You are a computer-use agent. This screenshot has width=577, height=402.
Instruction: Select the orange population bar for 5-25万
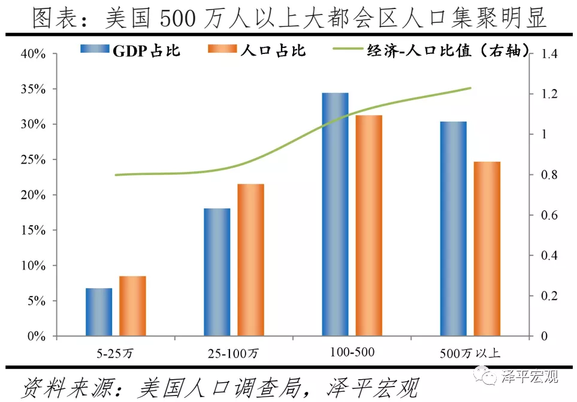coord(132,306)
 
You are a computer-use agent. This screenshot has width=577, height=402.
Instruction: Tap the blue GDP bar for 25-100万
coord(217,272)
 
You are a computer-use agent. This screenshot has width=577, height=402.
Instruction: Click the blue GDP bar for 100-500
coord(335,214)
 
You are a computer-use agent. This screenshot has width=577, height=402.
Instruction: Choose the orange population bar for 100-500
coord(368,225)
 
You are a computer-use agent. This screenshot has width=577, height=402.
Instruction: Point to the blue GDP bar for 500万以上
coord(453,228)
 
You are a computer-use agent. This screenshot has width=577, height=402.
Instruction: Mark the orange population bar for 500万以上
coord(487,249)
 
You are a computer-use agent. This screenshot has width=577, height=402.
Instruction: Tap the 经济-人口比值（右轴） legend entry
coord(431,50)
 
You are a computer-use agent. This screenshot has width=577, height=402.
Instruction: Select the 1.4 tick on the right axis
coord(549,55)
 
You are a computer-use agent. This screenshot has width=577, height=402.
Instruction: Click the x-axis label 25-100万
coord(234,353)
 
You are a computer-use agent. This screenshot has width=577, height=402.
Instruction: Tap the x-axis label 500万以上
coord(470,353)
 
